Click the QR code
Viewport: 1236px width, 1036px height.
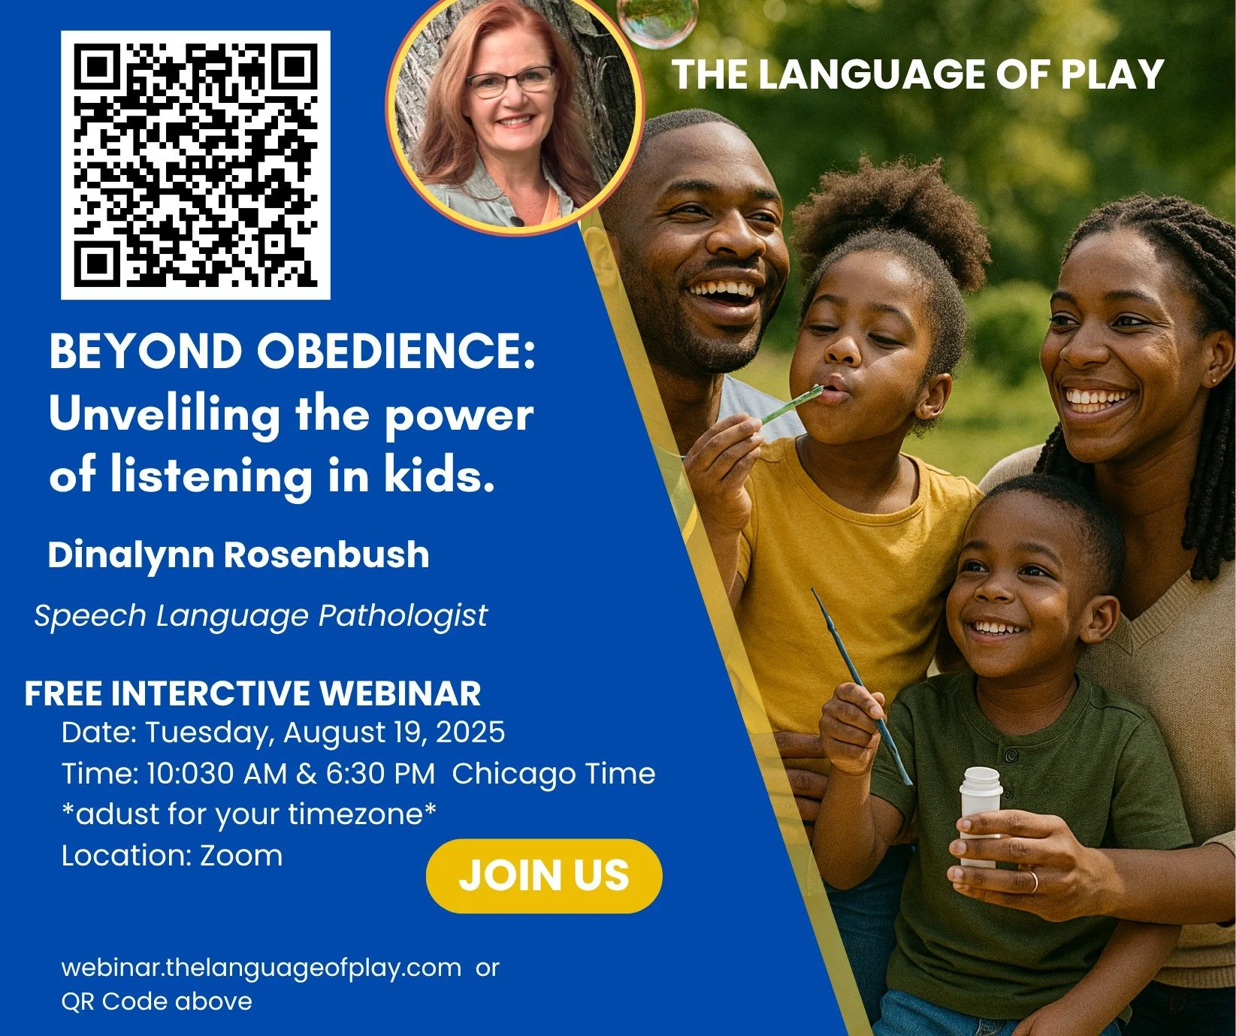195,165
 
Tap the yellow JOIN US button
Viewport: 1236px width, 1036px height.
543,875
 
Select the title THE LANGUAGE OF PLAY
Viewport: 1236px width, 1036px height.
917,74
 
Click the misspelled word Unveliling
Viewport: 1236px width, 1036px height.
163,415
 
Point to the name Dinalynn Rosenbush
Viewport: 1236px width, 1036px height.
238,555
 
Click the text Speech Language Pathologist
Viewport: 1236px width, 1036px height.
261,616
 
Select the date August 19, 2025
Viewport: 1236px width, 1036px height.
394,732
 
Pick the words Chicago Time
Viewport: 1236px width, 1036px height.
554,774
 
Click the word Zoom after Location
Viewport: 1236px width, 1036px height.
241,856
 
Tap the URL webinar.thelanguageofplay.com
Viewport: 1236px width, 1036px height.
261,967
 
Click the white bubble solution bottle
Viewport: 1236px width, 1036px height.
981,815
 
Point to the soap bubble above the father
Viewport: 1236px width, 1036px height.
656,20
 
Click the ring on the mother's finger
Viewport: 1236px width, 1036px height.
1034,880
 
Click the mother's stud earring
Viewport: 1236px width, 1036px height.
1214,380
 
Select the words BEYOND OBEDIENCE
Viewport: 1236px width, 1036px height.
292,352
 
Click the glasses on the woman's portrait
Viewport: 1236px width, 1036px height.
510,82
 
